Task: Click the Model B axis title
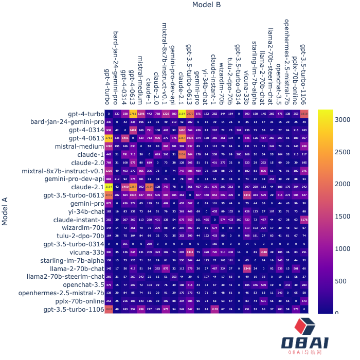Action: (206, 5)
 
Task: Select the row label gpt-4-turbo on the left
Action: (85, 114)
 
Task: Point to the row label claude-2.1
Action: (86, 187)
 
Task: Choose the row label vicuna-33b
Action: (86, 252)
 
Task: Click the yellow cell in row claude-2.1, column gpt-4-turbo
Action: (109, 187)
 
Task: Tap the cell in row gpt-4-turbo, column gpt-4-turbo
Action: (109, 114)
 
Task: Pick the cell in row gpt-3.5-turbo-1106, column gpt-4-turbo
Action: (109, 309)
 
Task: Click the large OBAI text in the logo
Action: (308, 343)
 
